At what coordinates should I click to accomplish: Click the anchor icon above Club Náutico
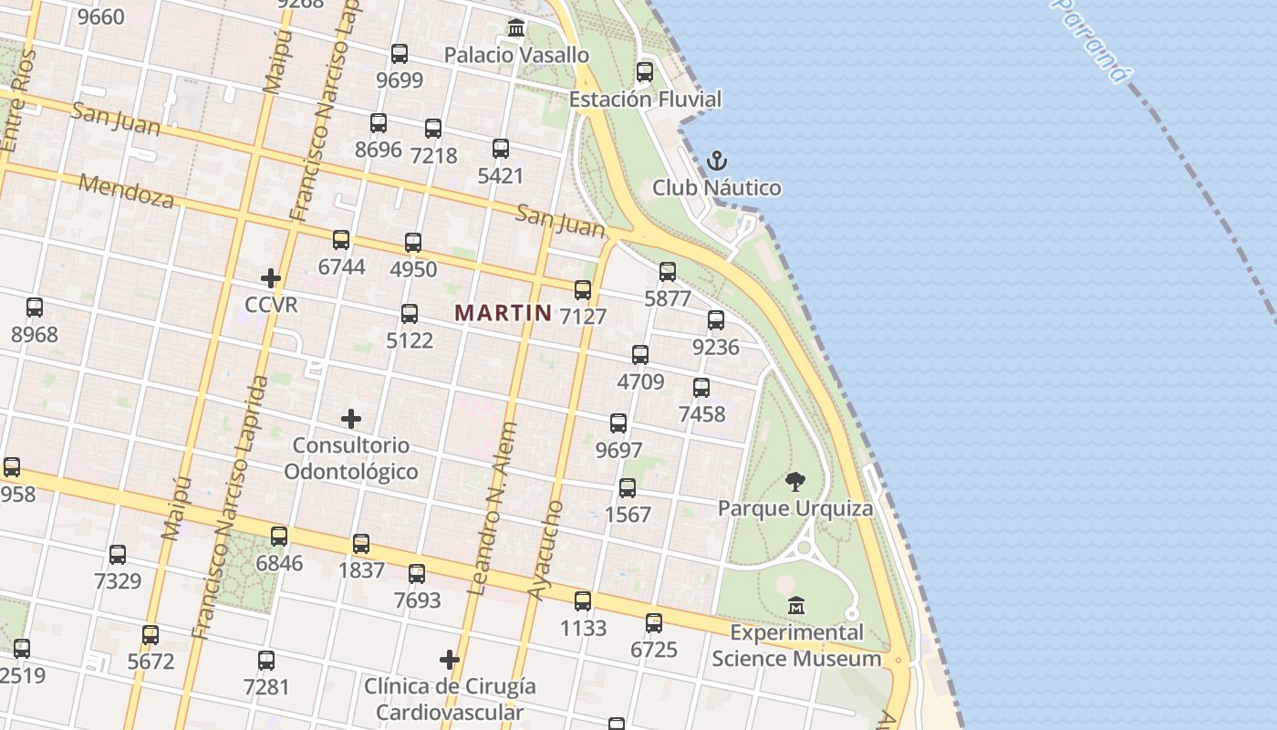pos(717,162)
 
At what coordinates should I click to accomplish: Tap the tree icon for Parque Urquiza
pos(795,482)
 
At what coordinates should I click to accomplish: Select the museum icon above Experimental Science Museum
pos(796,605)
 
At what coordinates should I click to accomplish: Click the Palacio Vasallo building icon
pos(516,28)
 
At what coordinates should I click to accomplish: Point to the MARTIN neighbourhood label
pos(503,313)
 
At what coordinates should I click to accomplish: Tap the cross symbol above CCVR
pos(271,278)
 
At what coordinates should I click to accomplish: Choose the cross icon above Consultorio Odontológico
pos(351,419)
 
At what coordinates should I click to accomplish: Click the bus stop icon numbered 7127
pos(583,290)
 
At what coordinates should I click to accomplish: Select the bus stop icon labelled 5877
pos(668,271)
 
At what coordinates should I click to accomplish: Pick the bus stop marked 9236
pos(716,319)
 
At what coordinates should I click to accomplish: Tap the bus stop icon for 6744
pos(341,240)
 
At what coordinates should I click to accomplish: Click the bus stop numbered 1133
pos(583,601)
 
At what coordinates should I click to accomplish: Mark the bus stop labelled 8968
pos(35,308)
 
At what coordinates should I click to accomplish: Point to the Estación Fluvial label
pos(645,99)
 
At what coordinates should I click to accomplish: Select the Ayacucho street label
pos(546,549)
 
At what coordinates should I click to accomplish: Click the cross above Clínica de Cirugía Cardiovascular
pos(450,660)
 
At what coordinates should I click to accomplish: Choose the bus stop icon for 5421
pos(501,149)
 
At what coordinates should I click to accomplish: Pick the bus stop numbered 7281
pos(266,660)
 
